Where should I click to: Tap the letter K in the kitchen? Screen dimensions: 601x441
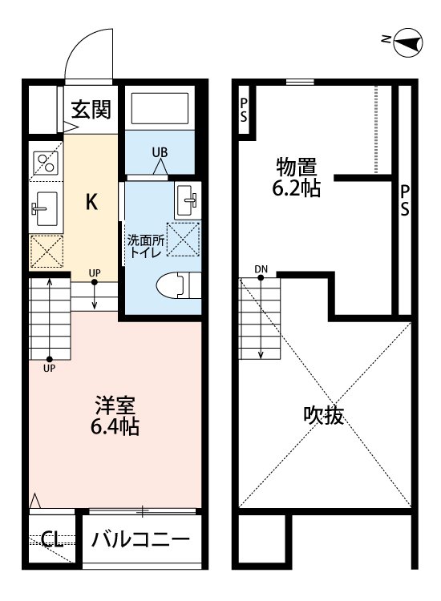point(92,202)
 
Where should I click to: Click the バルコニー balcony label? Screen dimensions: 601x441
point(140,538)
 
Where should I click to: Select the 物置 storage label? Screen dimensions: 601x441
point(297,167)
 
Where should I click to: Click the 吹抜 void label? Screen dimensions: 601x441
point(324,415)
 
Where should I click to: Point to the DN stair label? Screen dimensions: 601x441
point(261,268)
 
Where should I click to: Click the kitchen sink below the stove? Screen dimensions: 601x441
point(45,211)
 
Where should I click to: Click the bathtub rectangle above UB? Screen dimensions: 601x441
point(159,109)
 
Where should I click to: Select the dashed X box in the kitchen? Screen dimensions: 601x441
point(46,252)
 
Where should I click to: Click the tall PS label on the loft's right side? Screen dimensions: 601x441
point(406,200)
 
